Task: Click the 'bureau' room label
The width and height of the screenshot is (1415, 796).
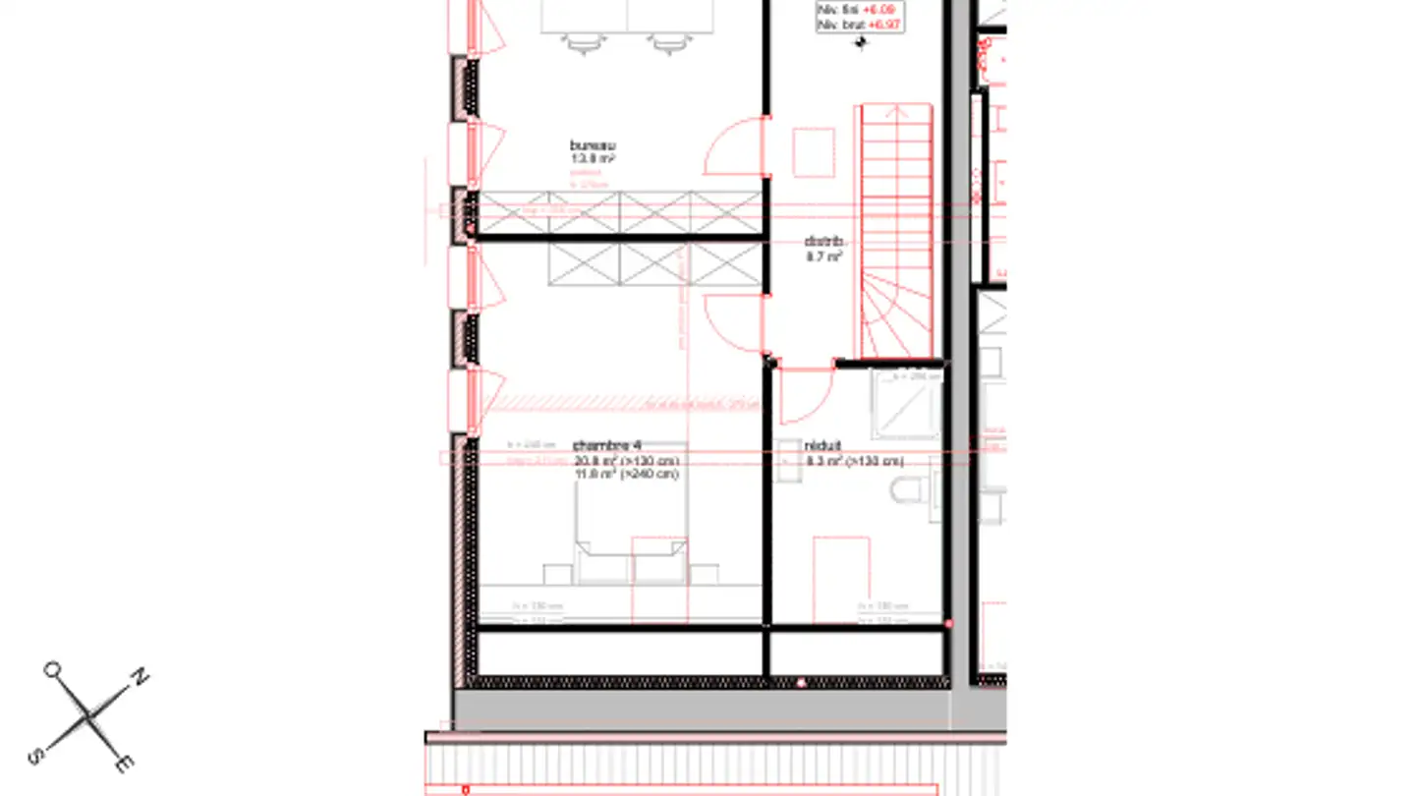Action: coord(593,145)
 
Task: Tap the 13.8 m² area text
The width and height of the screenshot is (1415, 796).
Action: coord(593,158)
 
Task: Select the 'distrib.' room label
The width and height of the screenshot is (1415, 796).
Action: coord(823,241)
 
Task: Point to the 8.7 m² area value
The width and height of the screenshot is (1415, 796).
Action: coord(823,256)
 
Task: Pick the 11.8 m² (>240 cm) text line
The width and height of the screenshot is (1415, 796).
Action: coord(626,475)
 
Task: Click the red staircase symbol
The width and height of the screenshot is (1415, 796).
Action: coord(896,231)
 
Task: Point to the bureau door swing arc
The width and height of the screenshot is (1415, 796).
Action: coord(734,147)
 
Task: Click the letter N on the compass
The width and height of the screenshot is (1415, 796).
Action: coord(141,676)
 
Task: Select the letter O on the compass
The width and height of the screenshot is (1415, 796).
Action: coord(51,670)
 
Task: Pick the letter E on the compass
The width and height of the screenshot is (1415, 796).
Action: coord(125,764)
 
